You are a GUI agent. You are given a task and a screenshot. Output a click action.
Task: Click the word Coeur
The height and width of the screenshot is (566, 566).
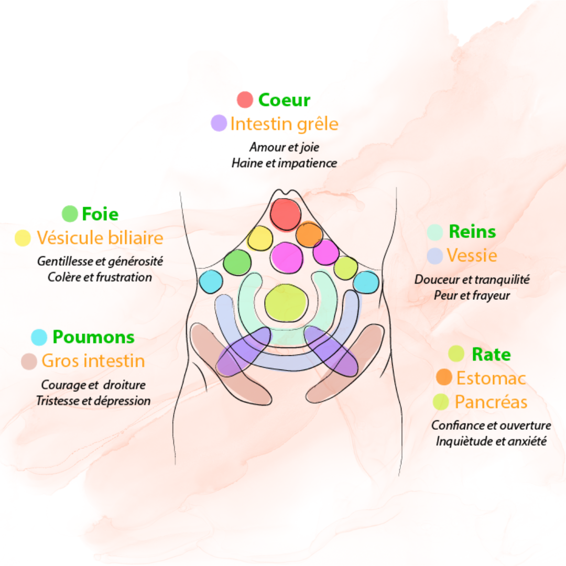pos(284,100)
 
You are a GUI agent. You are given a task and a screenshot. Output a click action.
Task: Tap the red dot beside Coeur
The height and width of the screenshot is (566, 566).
pos(245,100)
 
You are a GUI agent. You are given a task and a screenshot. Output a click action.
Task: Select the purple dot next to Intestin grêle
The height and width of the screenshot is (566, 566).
pos(219,123)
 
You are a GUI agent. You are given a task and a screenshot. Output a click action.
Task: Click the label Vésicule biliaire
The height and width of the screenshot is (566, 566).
pos(100,238)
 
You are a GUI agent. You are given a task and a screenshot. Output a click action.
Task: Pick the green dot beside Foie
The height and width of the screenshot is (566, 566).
pos(70,214)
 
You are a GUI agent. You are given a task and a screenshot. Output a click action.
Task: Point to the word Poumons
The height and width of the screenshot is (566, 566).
pos(93,337)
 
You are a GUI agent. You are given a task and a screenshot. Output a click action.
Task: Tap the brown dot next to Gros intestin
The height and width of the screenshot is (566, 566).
pos(29,361)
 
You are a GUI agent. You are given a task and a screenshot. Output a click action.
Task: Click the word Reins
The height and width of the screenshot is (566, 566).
pos(472,232)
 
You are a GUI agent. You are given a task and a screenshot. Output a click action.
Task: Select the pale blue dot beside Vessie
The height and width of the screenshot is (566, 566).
pos(434,256)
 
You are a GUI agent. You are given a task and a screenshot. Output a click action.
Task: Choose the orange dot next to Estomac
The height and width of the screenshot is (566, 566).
pos(444,377)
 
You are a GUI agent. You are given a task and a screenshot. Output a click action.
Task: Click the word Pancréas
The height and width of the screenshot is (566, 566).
pos(491,402)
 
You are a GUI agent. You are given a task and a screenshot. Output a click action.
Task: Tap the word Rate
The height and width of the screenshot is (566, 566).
pos(491,354)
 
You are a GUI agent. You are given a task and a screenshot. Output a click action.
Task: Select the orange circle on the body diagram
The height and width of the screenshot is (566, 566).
pos(309,234)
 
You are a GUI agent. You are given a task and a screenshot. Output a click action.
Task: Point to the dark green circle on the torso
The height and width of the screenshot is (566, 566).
pos(237,263)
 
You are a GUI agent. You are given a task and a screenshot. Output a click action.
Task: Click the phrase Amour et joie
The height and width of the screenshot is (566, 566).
pos(284,147)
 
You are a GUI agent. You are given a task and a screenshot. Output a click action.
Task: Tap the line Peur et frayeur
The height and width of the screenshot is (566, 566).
pos(472,295)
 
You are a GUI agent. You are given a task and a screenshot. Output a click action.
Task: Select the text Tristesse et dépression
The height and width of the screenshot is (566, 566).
pos(93,401)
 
